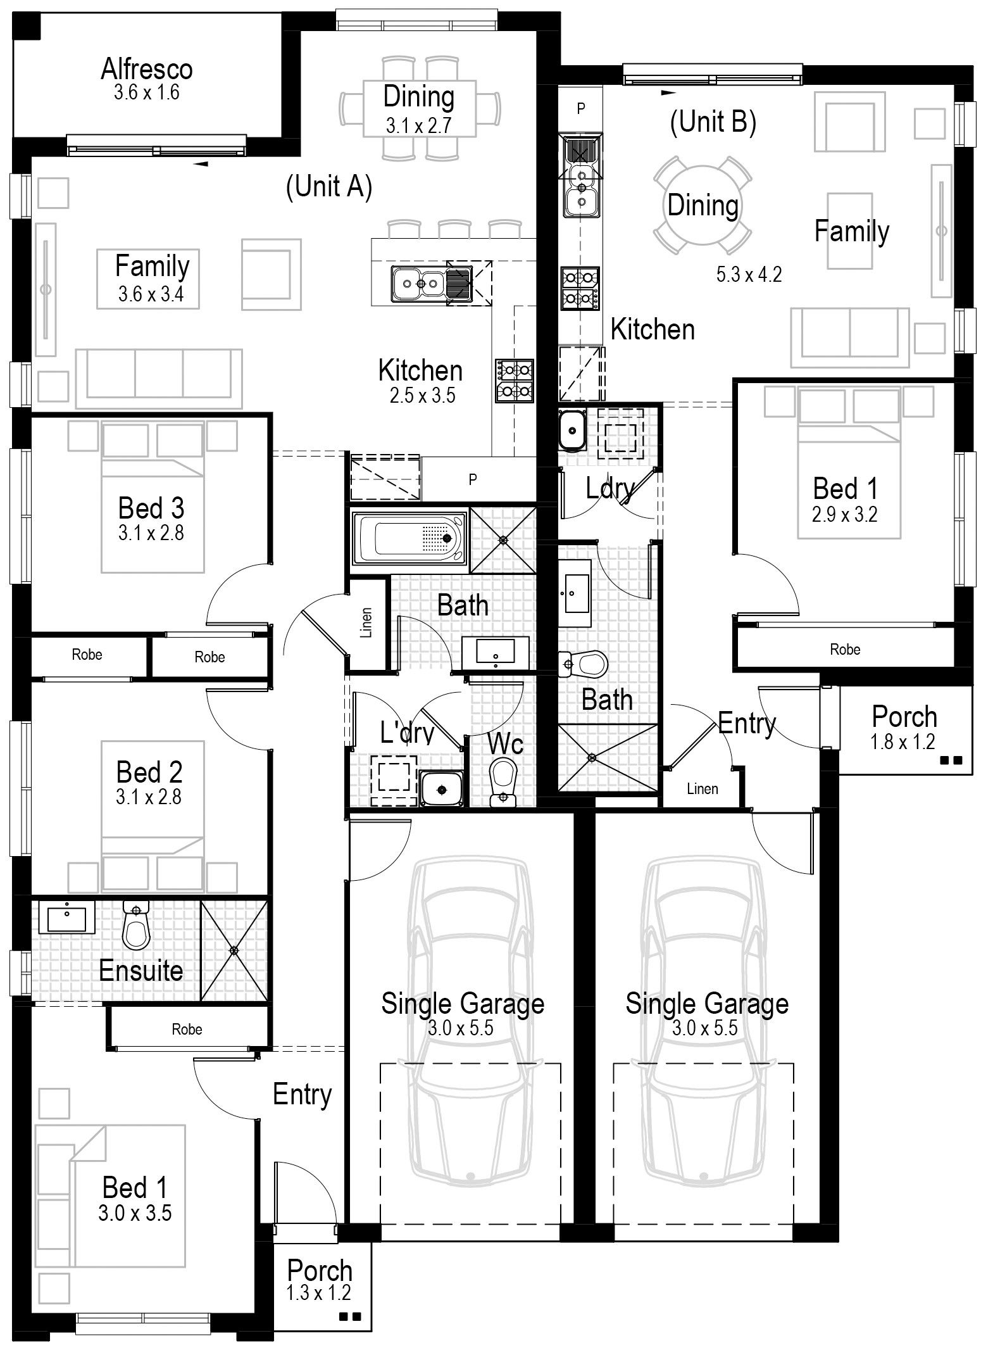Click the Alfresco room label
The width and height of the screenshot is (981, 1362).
pos(147,68)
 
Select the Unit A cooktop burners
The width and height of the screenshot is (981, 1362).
pos(515,381)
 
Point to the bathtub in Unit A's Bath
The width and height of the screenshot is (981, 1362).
pos(410,538)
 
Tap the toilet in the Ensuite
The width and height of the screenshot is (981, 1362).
pos(134,925)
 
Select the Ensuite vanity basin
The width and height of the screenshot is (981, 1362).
pos(66,917)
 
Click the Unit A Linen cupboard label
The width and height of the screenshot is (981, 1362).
pos(367,622)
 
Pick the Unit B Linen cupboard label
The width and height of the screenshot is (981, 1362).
pos(703,789)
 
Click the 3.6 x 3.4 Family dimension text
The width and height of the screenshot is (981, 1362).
pos(151,294)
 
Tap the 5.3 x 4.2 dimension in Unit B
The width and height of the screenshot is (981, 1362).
pos(749,275)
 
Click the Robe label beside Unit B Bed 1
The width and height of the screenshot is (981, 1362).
pos(845,649)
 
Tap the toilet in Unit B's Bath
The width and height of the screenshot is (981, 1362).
pos(583,664)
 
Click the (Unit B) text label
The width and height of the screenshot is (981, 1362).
pos(713,121)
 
